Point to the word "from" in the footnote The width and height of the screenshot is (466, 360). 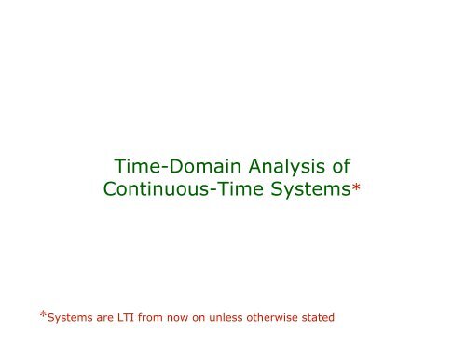coord(161,317)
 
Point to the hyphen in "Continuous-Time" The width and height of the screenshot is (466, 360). coord(211,191)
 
